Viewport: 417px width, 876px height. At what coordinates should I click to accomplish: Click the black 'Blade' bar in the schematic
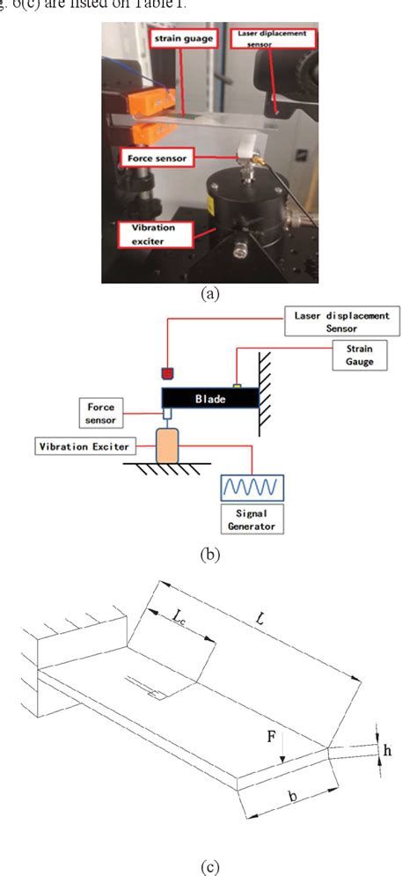tap(210, 398)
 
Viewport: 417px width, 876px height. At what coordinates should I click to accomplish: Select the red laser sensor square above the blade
tap(168, 370)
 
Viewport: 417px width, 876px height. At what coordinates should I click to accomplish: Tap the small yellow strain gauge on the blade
tap(237, 384)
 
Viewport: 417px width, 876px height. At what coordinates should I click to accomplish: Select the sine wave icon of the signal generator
tap(251, 486)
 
